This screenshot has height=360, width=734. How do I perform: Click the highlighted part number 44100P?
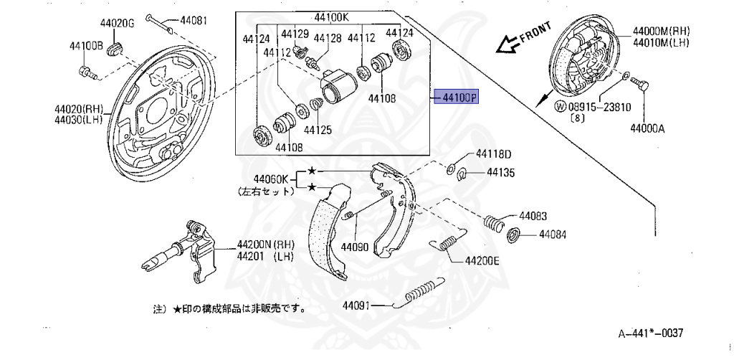pos(457,98)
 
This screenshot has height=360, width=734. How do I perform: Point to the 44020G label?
pos(118,24)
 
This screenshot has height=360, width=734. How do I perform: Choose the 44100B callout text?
pos(87,47)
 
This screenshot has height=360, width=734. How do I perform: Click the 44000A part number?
pos(648,129)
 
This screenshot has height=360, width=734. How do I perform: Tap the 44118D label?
pos(495,154)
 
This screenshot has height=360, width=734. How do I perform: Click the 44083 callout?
pos(533,215)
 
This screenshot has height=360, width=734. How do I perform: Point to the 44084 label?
pos(553,235)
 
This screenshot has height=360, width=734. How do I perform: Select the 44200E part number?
pos(482,262)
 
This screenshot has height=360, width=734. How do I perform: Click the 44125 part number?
pos(318,131)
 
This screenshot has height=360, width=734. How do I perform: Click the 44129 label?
pos(295,34)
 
